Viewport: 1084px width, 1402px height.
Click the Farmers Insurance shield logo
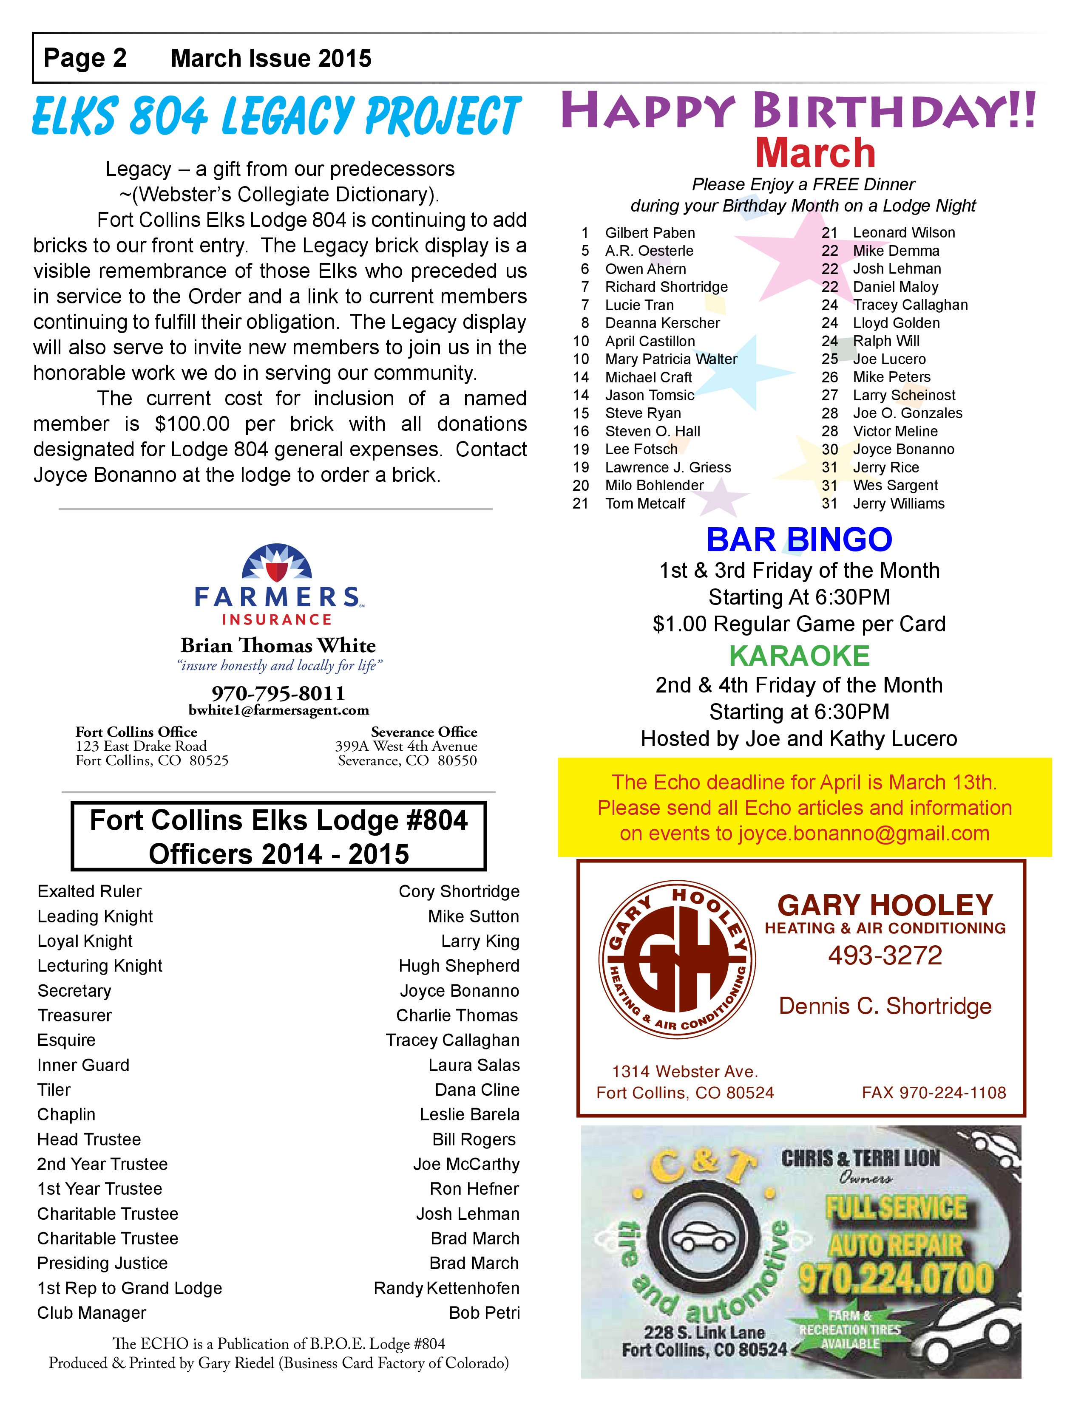277,564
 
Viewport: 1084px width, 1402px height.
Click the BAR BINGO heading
799,539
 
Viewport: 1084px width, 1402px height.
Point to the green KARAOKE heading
799,656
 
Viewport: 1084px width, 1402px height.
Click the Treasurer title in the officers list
74,1015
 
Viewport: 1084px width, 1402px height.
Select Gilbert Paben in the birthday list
650,232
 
